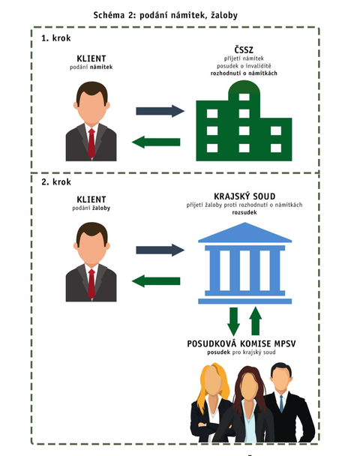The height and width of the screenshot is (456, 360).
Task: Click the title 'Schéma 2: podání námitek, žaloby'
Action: point(165,15)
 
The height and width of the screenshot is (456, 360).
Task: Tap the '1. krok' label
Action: point(55,38)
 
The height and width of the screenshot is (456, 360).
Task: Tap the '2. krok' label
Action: point(56,181)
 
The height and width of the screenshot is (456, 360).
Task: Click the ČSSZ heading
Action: point(244,49)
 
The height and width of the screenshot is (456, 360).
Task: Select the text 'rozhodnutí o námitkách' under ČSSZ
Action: point(244,73)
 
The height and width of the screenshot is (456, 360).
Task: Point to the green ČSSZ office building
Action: point(244,121)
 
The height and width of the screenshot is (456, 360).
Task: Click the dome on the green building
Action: point(244,87)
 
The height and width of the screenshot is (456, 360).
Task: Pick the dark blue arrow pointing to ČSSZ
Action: point(160,111)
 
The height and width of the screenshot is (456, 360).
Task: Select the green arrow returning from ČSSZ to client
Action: point(156,142)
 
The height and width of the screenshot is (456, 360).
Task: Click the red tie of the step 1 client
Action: point(91,143)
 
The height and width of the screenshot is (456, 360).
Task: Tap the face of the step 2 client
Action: point(91,247)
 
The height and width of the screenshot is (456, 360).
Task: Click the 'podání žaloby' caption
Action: point(91,208)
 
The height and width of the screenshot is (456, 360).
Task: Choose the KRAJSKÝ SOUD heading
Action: point(244,196)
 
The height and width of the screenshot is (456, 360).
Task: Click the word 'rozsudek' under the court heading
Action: point(244,212)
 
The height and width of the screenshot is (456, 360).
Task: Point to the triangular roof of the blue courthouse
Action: point(244,232)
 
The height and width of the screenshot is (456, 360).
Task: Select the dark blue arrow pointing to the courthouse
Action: point(160,250)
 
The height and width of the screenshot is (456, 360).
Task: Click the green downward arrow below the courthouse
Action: point(233,321)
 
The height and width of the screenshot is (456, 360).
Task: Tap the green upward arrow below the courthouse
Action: point(255,321)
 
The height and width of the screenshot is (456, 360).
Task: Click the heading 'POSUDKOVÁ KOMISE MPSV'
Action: point(241,343)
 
